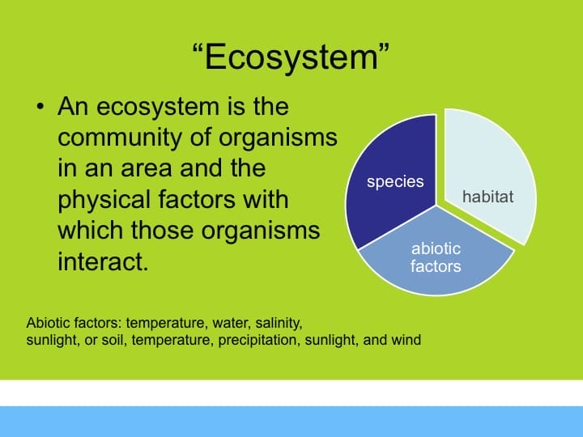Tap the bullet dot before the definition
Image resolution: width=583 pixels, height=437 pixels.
tap(39, 108)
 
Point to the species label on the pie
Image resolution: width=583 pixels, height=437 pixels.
tap(395, 181)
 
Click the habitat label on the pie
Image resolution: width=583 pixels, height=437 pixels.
tap(487, 197)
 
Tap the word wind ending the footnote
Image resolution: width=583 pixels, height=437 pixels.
tap(406, 340)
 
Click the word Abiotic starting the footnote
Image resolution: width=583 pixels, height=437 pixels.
tap(48, 323)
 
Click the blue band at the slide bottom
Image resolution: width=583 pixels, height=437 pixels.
tap(291, 422)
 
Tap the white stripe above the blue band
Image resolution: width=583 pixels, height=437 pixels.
tap(291, 393)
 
